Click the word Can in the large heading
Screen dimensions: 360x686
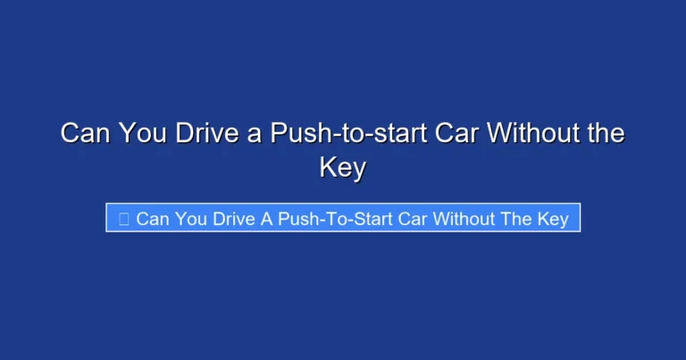pyautogui.click(x=82, y=134)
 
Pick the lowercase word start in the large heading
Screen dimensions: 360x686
pyautogui.click(x=377, y=135)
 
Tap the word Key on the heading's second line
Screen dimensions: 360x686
pyautogui.click(x=343, y=168)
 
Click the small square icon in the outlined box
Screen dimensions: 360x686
pyautogui.click(x=123, y=219)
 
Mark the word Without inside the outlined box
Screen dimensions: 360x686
pyautogui.click(x=467, y=219)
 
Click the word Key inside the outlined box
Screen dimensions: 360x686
pyautogui.click(x=555, y=219)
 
